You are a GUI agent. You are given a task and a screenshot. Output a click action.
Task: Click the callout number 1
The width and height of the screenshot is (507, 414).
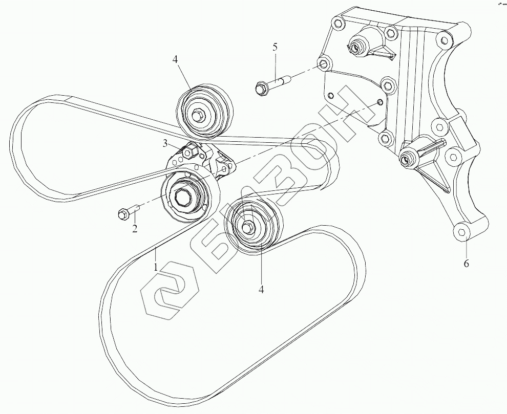tap(156, 267)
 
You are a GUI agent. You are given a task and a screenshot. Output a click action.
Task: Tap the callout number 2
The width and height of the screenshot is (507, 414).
tap(135, 228)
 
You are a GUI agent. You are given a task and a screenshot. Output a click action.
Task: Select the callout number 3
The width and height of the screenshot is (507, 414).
tap(165, 143)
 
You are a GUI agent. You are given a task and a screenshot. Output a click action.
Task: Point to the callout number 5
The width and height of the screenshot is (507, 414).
tap(275, 47)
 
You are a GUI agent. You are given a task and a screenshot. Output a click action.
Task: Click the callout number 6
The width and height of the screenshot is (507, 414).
tap(466, 264)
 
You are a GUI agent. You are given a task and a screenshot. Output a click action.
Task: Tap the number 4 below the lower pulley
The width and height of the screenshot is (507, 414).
tap(261, 289)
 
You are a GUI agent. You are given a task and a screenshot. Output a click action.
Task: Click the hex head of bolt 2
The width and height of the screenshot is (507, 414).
tap(122, 214)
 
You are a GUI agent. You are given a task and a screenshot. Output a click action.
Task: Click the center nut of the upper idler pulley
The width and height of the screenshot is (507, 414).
tap(197, 115)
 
